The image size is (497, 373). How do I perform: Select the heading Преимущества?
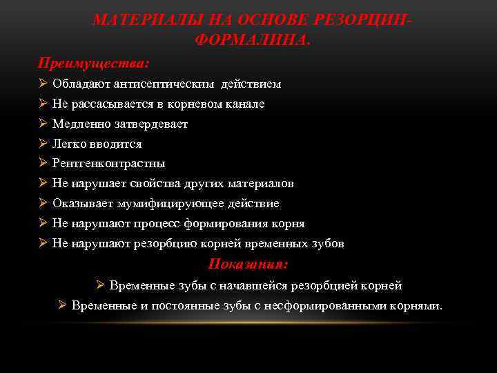93,63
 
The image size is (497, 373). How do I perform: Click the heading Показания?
248,264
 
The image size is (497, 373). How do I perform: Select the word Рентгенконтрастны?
108,164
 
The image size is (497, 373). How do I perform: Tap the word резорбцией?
328,285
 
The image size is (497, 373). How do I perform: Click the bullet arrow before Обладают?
42,84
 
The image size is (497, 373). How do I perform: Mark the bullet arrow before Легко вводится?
42,144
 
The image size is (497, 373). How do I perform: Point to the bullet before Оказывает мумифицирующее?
42,204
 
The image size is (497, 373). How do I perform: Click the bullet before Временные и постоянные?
61,305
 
